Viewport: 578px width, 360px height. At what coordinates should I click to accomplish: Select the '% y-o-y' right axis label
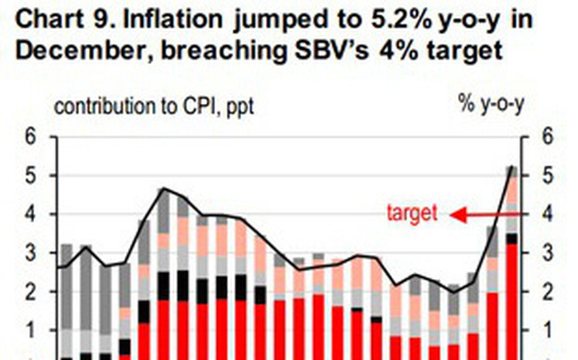click(490, 106)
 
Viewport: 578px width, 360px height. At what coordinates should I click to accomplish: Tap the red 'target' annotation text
click(413, 213)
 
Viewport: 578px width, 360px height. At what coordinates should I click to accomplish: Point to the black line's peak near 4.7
click(163, 188)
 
